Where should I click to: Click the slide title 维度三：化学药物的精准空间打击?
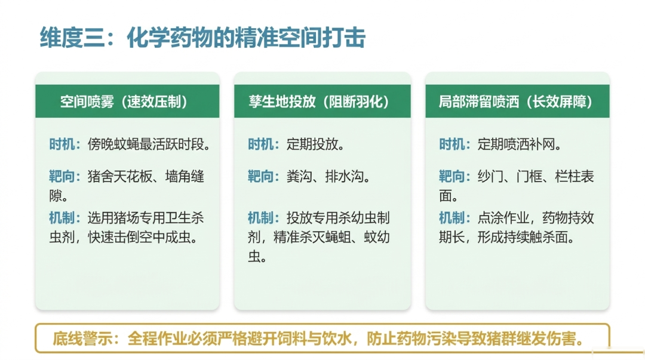pos(202,38)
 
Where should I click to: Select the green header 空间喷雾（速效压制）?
pos(127,101)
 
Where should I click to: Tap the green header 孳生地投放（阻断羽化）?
pos(322,101)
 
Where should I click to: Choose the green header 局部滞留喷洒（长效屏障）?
pos(517,101)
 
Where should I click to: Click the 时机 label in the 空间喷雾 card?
pos(62,144)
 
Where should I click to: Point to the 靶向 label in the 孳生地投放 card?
pos(260,177)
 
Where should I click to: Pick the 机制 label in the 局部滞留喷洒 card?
pos(451,218)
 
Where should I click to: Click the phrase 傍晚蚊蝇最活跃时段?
pos(146,144)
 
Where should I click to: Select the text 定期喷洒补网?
pos(516,144)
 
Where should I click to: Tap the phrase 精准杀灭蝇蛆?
pos(312,237)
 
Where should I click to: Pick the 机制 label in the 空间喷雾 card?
pos(62,218)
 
